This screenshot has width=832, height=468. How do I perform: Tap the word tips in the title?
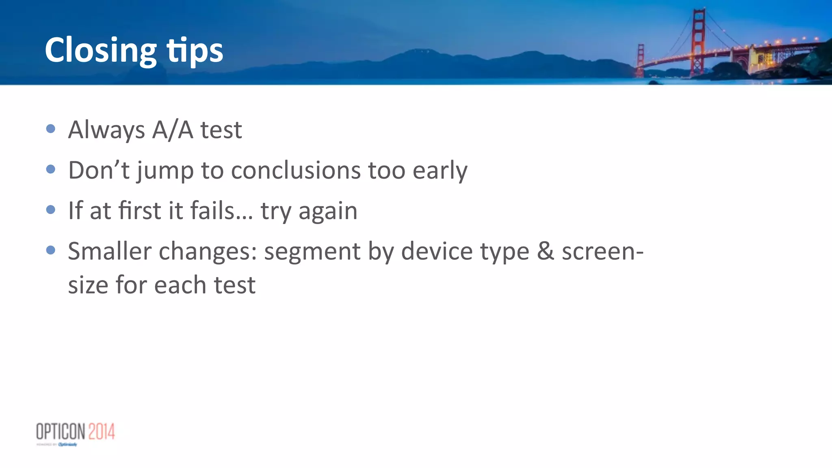(195, 51)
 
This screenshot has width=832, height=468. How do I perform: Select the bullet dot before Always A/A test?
(51, 129)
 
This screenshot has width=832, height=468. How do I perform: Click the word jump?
(165, 171)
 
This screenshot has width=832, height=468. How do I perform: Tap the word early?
(440, 170)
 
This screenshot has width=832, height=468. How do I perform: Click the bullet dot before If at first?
(51, 210)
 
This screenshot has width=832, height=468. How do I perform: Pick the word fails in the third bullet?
(212, 210)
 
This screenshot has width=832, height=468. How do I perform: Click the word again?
(328, 212)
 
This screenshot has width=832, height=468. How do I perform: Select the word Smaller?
(110, 251)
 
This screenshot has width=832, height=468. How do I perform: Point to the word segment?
(312, 252)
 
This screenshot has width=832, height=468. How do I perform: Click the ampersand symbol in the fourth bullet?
(545, 251)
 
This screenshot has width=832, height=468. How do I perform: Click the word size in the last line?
(88, 285)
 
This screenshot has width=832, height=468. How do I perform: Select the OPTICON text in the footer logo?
(61, 431)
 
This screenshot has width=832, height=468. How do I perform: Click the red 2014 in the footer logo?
(102, 431)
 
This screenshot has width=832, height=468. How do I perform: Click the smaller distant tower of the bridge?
(640, 60)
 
